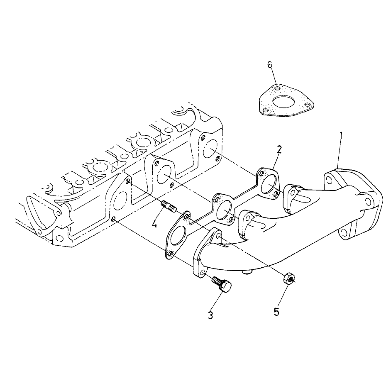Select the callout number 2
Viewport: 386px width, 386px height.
click(x=279, y=149)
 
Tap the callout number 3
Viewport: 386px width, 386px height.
click(x=210, y=315)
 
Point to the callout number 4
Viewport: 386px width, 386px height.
click(x=154, y=224)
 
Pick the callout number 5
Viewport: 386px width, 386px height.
click(x=276, y=312)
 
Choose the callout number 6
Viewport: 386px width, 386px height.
click(x=270, y=65)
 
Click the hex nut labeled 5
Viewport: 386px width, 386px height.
click(x=289, y=279)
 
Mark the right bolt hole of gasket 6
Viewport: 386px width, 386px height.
click(x=307, y=105)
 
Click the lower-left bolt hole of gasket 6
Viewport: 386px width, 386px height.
click(x=265, y=110)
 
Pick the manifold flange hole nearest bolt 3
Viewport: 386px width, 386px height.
click(x=202, y=273)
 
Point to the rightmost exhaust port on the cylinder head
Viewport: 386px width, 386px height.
click(x=211, y=148)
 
